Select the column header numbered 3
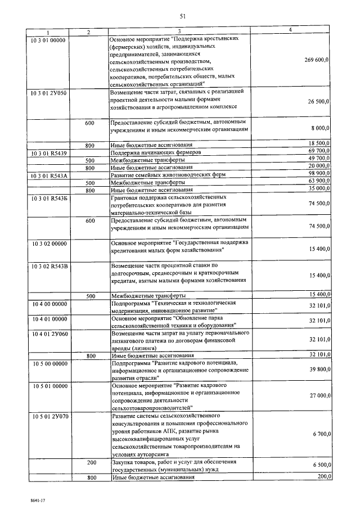pos(179,32)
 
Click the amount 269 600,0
pos(317,60)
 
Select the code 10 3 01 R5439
pos(49,152)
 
